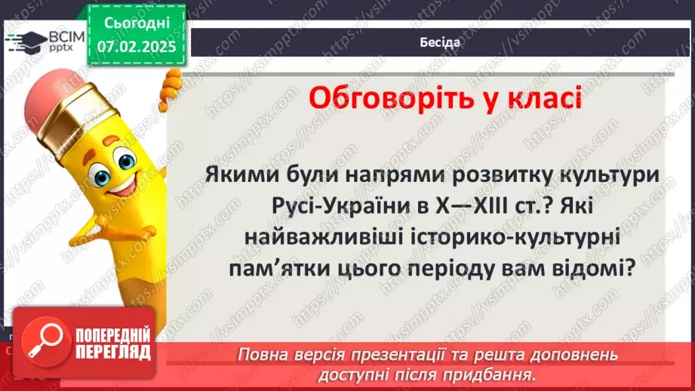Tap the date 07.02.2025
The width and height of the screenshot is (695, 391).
(136, 47)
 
